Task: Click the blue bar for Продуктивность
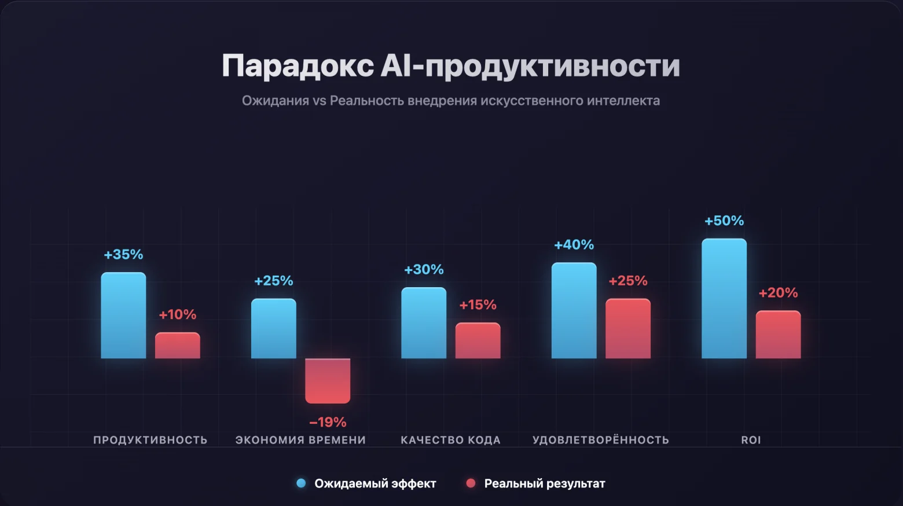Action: click(123, 316)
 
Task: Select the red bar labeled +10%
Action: click(177, 346)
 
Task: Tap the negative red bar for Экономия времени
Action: click(328, 380)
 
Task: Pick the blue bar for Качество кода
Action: click(424, 323)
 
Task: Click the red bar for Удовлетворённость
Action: click(628, 328)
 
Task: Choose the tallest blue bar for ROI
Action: click(724, 299)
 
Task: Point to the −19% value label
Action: click(328, 422)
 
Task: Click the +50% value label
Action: click(724, 221)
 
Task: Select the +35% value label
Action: click(123, 254)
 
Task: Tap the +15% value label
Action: click(478, 305)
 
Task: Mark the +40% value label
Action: click(574, 245)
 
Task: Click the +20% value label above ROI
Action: click(778, 293)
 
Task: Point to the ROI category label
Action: click(751, 440)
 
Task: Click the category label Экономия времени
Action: click(300, 440)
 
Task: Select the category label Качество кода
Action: click(450, 440)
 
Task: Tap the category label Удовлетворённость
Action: click(600, 440)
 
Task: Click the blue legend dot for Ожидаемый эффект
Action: click(301, 483)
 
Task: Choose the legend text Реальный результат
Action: click(544, 483)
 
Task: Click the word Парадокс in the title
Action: click(298, 65)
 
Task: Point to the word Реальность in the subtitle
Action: click(366, 101)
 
